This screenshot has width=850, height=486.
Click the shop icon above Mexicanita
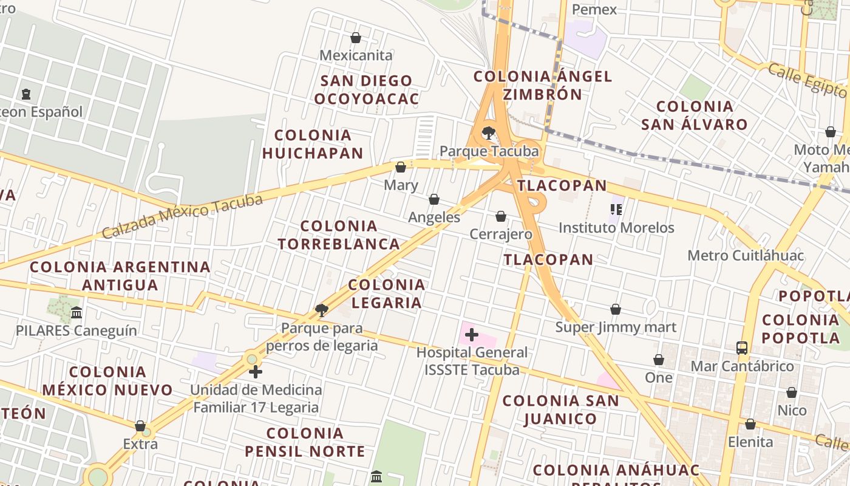point(356,38)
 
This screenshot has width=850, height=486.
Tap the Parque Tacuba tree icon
point(488,132)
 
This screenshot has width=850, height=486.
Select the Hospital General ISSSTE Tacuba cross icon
point(471,334)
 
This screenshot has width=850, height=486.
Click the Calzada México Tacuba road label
point(182,216)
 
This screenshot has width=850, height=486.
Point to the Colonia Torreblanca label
point(339,235)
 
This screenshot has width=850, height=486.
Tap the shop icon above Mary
point(401,167)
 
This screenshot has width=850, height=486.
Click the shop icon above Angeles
point(434,199)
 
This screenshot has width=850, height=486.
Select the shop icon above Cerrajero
point(501,216)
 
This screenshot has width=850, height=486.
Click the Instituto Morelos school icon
point(616,210)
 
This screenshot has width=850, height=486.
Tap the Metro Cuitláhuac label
point(746,256)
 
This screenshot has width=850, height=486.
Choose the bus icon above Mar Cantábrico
point(742,348)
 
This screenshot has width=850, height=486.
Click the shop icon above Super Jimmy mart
point(616,310)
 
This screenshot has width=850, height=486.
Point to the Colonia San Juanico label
point(560,409)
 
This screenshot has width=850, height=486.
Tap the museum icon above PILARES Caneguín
point(76,313)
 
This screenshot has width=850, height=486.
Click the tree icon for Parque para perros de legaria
point(322,310)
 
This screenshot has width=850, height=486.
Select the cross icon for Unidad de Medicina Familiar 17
point(256,372)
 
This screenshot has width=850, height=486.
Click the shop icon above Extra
point(140,426)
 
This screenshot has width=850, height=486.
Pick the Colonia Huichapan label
point(313,144)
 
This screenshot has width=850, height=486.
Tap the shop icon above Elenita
point(750,424)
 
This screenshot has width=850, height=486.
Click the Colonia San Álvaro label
point(695,115)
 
